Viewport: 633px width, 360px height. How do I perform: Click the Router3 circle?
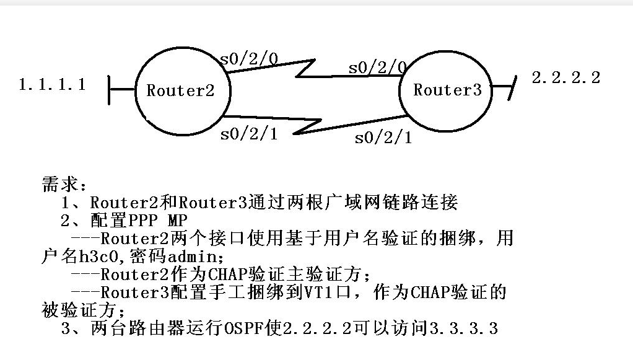447,90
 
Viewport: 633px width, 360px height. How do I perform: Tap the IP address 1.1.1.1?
53,84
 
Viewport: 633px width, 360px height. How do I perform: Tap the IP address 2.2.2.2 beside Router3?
566,77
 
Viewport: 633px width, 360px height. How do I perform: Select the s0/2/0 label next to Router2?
249,59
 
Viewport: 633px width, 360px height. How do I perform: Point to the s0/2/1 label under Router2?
249,134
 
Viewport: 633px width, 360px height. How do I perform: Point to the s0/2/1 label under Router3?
383,138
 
